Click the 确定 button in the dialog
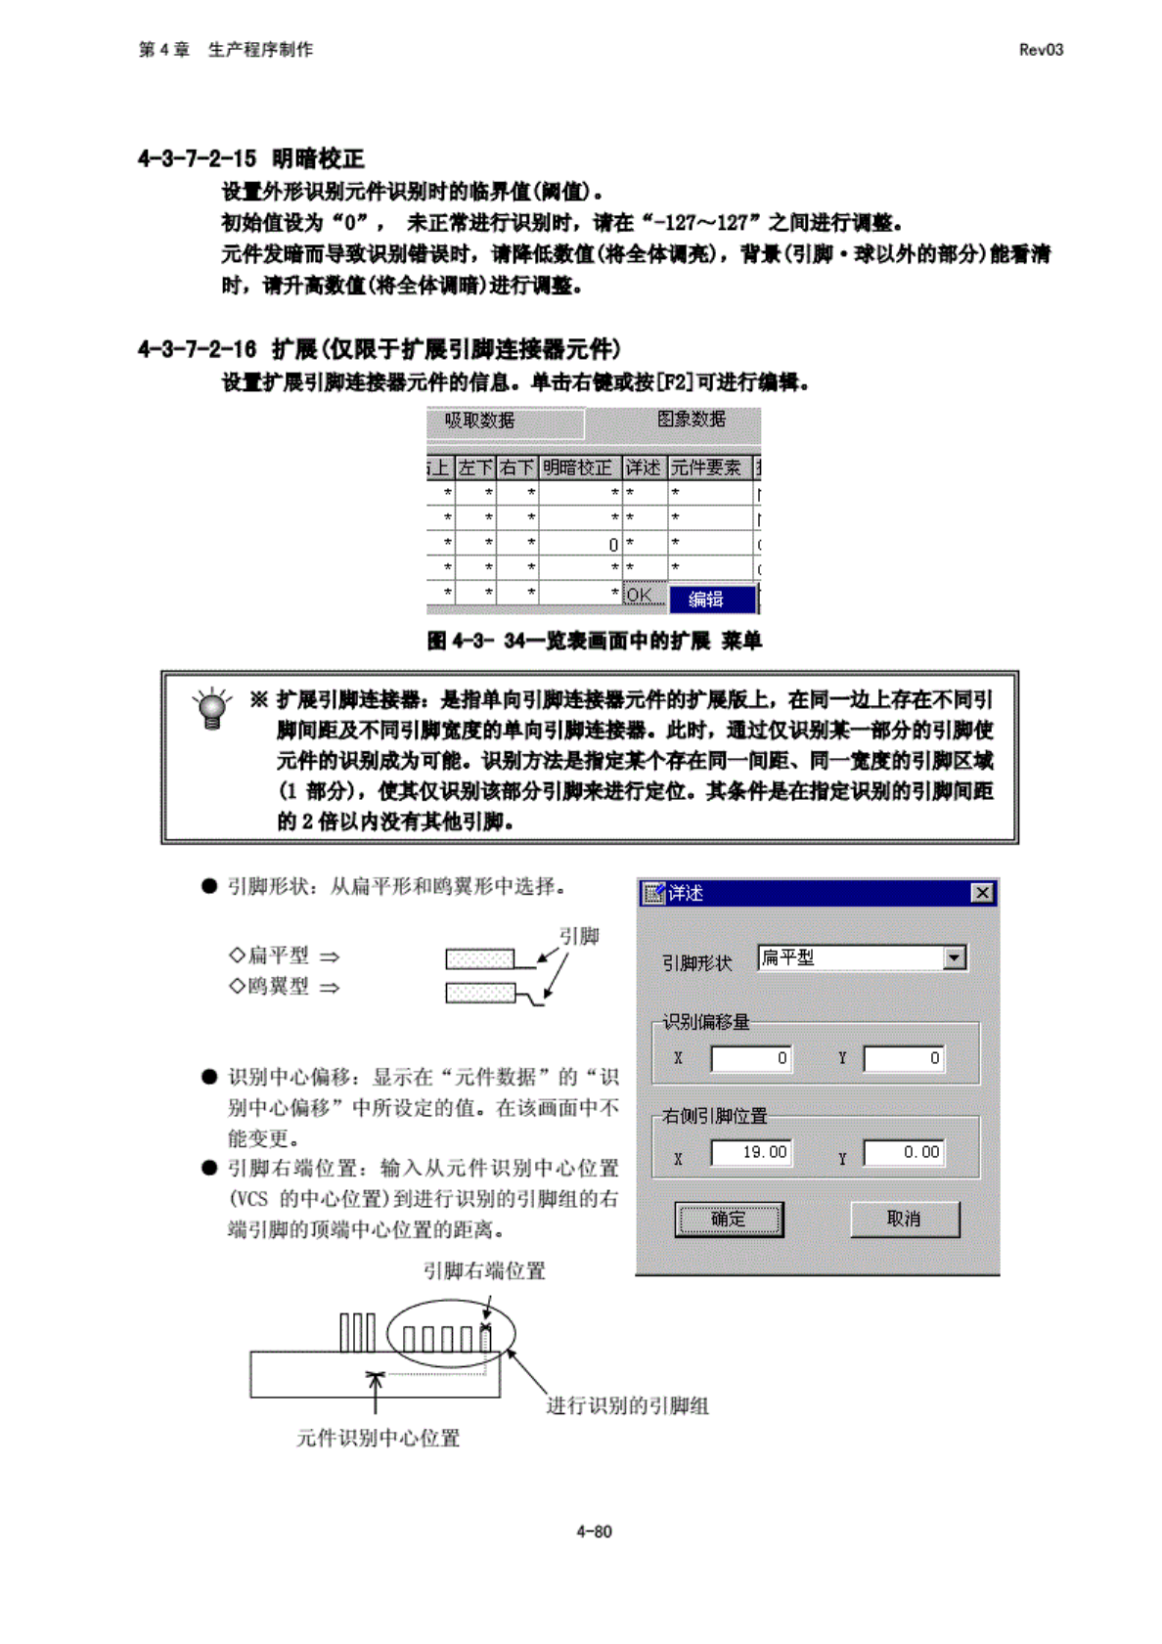pyautogui.click(x=729, y=1219)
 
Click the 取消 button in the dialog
pyautogui.click(x=904, y=1219)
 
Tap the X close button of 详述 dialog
pyautogui.click(x=982, y=893)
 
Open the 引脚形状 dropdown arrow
pyautogui.click(x=955, y=957)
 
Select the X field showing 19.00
pyautogui.click(x=750, y=1153)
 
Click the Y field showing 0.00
pyautogui.click(x=904, y=1153)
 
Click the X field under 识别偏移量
pyautogui.click(x=750, y=1058)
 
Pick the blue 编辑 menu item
pyautogui.click(x=711, y=599)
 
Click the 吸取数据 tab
pyautogui.click(x=480, y=421)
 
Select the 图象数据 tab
pyautogui.click(x=691, y=420)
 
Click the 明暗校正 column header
pyautogui.click(x=578, y=467)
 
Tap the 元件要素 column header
pyautogui.click(x=706, y=467)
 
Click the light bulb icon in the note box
pyautogui.click(x=211, y=709)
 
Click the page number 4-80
pyautogui.click(x=593, y=1532)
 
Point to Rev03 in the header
pyautogui.click(x=1040, y=50)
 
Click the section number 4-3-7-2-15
pyautogui.click(x=197, y=158)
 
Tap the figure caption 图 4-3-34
pyautogui.click(x=594, y=641)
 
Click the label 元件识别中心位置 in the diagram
pyautogui.click(x=378, y=1438)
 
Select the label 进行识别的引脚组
pyautogui.click(x=627, y=1405)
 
